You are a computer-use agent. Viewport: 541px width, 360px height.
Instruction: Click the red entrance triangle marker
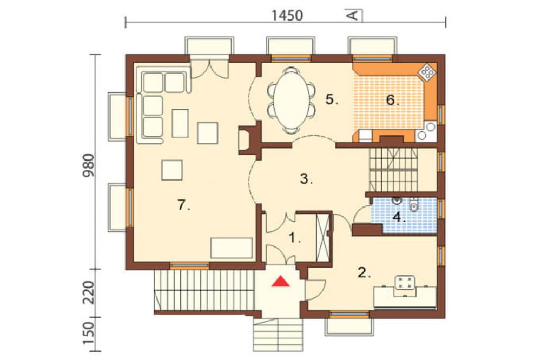tap(280, 282)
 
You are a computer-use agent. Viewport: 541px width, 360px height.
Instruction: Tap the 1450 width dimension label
tap(287, 16)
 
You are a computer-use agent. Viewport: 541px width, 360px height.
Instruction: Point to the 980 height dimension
tap(88, 165)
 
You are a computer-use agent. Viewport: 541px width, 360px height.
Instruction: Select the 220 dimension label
tap(88, 292)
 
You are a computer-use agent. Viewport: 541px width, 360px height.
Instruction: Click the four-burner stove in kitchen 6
tap(428, 72)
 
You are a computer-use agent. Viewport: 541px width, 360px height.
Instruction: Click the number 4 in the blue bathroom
tap(399, 217)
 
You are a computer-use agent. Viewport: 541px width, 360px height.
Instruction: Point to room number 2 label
tap(364, 273)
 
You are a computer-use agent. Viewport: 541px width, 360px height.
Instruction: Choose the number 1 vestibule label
tap(294, 238)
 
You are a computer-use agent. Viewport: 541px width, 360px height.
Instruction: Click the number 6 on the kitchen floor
tap(392, 101)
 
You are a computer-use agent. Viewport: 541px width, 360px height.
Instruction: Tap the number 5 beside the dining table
tap(332, 99)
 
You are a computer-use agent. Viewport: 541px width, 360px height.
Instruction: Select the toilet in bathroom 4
tap(413, 204)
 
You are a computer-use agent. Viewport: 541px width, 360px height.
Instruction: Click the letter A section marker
tap(353, 16)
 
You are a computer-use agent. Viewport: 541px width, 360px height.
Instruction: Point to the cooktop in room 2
tap(405, 286)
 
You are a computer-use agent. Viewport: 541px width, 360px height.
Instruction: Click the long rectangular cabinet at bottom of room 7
tap(232, 248)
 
